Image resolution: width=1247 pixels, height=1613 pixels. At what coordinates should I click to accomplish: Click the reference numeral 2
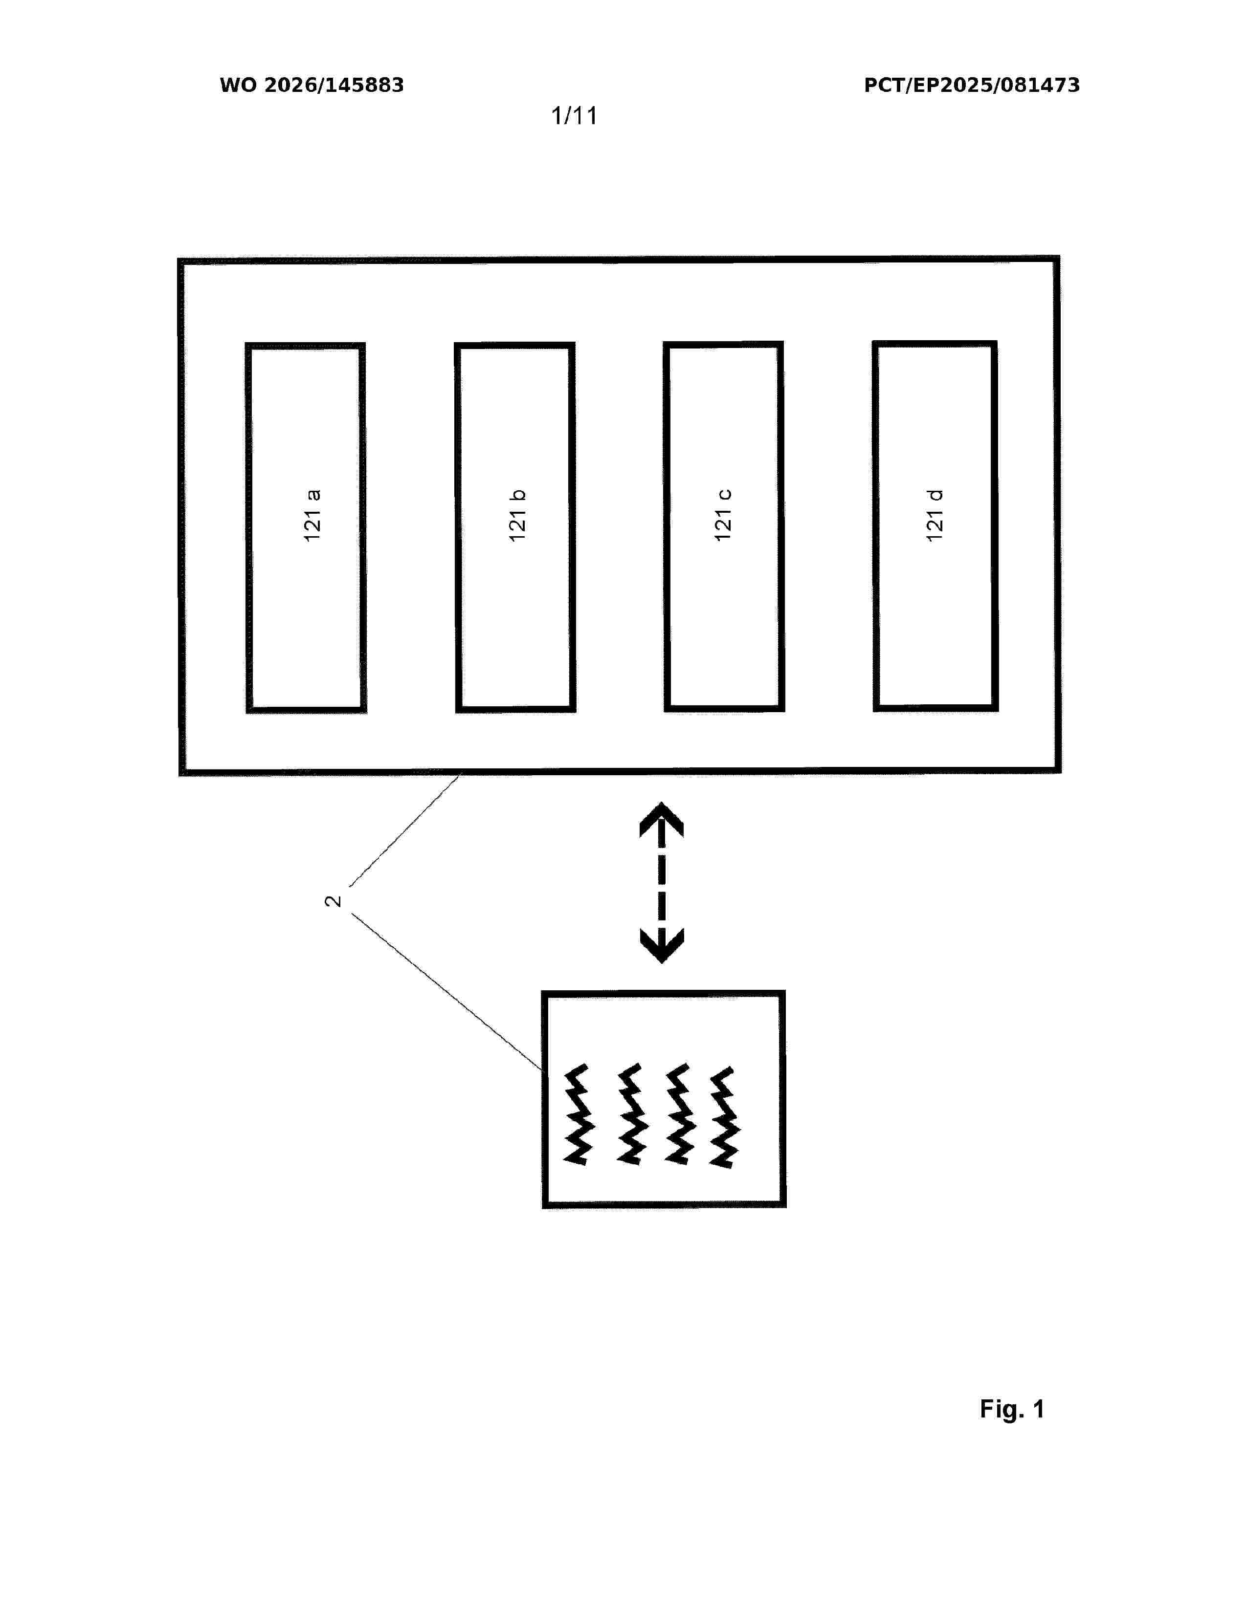coord(333,901)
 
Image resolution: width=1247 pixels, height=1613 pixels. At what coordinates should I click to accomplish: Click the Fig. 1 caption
coord(1012,1409)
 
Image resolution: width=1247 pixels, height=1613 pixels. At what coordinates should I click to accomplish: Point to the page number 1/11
coord(574,115)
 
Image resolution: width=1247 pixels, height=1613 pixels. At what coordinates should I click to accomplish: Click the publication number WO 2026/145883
coord(312,85)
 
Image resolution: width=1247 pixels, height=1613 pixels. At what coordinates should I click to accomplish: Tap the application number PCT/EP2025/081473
coord(972,85)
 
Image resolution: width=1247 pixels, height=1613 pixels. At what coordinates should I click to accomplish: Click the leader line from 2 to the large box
coord(405,830)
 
